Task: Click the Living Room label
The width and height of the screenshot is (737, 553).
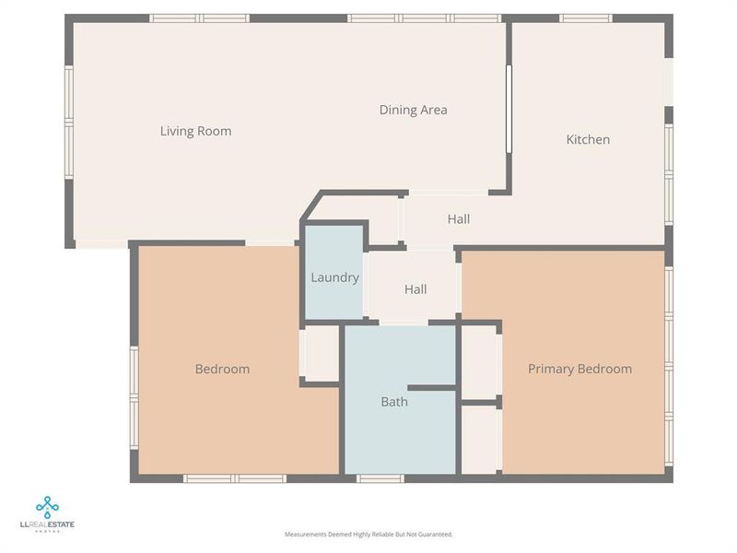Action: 195,131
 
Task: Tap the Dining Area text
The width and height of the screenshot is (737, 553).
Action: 413,110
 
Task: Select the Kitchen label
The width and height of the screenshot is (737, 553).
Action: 588,139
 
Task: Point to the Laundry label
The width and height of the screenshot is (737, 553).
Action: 334,277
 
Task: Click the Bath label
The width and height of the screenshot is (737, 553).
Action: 394,402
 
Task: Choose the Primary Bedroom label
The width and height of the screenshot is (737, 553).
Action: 579,369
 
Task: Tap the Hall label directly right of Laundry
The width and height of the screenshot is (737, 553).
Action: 415,289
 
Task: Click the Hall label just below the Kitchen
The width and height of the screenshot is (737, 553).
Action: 459,219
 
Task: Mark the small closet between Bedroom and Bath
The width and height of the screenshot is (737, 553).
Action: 321,353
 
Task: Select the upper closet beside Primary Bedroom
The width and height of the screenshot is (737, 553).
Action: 479,360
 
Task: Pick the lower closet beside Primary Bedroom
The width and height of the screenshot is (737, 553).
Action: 479,440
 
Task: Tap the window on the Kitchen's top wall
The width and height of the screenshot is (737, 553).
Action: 586,18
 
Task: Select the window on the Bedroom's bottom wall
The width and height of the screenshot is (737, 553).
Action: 234,478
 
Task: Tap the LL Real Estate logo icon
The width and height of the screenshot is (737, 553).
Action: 48,506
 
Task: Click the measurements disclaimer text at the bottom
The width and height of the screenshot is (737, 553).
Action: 368,535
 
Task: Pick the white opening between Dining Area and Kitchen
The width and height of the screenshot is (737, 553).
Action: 509,109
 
